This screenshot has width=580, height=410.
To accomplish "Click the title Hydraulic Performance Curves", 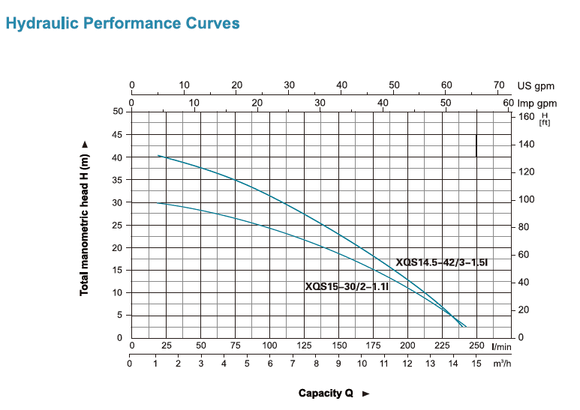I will (122, 23).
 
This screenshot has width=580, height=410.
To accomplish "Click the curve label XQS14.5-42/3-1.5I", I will (442, 262).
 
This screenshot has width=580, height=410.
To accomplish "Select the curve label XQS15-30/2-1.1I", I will (346, 286).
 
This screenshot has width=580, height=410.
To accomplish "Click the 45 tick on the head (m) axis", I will (117, 134).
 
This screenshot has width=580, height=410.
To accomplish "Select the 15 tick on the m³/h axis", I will (476, 364).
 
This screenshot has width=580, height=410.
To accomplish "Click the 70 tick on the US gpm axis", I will (499, 85).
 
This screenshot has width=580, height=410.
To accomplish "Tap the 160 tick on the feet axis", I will (526, 116).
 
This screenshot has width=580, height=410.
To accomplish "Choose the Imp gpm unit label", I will (536, 102).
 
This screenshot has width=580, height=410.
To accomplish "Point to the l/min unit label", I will (501, 346).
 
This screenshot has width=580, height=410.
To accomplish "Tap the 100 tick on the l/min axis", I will (270, 346).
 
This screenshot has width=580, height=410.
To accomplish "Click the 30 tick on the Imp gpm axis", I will (320, 102).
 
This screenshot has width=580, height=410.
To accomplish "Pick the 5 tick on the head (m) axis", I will (120, 315).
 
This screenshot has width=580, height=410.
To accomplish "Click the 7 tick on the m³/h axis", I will (293, 364).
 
